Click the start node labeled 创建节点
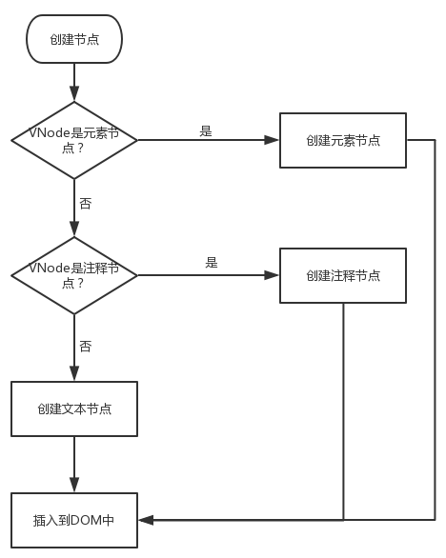pos(73,39)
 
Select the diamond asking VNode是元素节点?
pos(73,140)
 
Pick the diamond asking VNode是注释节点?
pos(73,275)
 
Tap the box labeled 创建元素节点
pos(343,140)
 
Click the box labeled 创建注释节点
pos(343,275)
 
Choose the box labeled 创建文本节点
pos(73,409)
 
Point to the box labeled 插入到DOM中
pos(73,520)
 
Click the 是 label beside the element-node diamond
pos(206,131)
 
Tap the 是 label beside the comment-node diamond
pos(212,263)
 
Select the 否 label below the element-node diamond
pos(86,204)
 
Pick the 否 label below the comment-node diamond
pos(86,347)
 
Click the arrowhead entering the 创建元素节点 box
pos(274,140)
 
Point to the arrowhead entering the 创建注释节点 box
pos(274,275)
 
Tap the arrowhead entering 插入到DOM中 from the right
pos(144,520)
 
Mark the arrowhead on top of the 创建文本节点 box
pos(73,376)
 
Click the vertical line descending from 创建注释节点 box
pos(343,409)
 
